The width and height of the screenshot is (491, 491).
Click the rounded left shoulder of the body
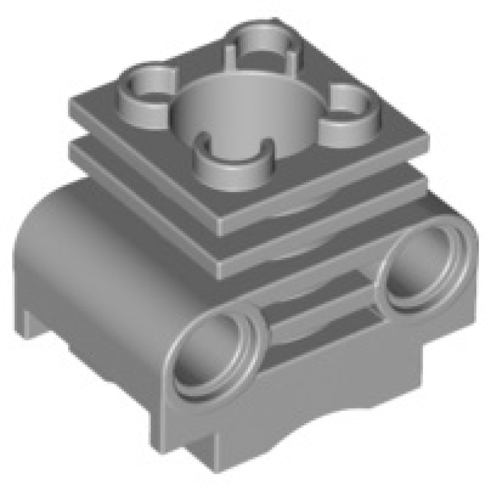(x=55, y=209)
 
